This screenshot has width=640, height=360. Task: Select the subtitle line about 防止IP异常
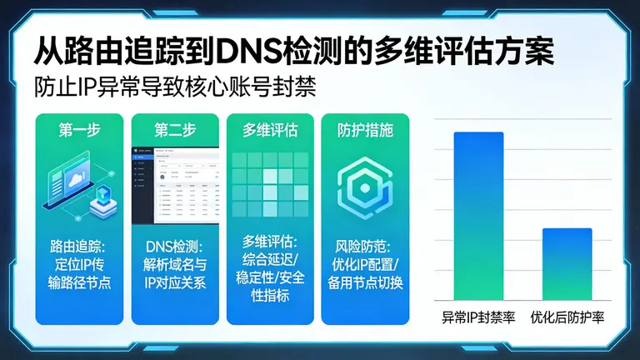click(x=176, y=87)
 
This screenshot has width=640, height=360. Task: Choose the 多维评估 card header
click(x=270, y=130)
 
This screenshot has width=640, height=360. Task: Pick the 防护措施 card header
click(x=364, y=130)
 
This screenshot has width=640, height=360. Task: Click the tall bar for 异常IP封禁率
click(x=478, y=216)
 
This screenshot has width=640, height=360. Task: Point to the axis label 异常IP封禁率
click(x=478, y=317)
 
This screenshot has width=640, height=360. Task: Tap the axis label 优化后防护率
click(x=567, y=317)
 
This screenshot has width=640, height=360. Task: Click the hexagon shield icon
click(x=364, y=185)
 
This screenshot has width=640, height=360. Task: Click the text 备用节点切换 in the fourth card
click(x=365, y=282)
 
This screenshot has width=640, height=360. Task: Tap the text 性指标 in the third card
click(x=270, y=295)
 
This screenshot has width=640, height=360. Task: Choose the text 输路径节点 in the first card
click(x=78, y=282)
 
